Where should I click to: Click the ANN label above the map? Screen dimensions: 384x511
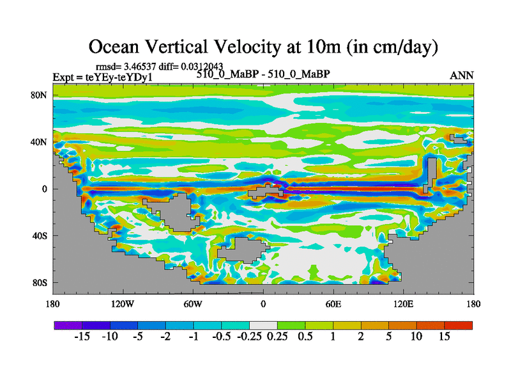pyautogui.click(x=462, y=76)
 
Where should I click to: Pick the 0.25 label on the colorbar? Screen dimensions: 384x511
pyautogui.click(x=277, y=337)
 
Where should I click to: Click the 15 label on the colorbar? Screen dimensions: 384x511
pyautogui.click(x=445, y=337)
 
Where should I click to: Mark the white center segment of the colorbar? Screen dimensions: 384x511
pyautogui.click(x=263, y=325)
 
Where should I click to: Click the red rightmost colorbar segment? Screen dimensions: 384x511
pyautogui.click(x=459, y=325)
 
